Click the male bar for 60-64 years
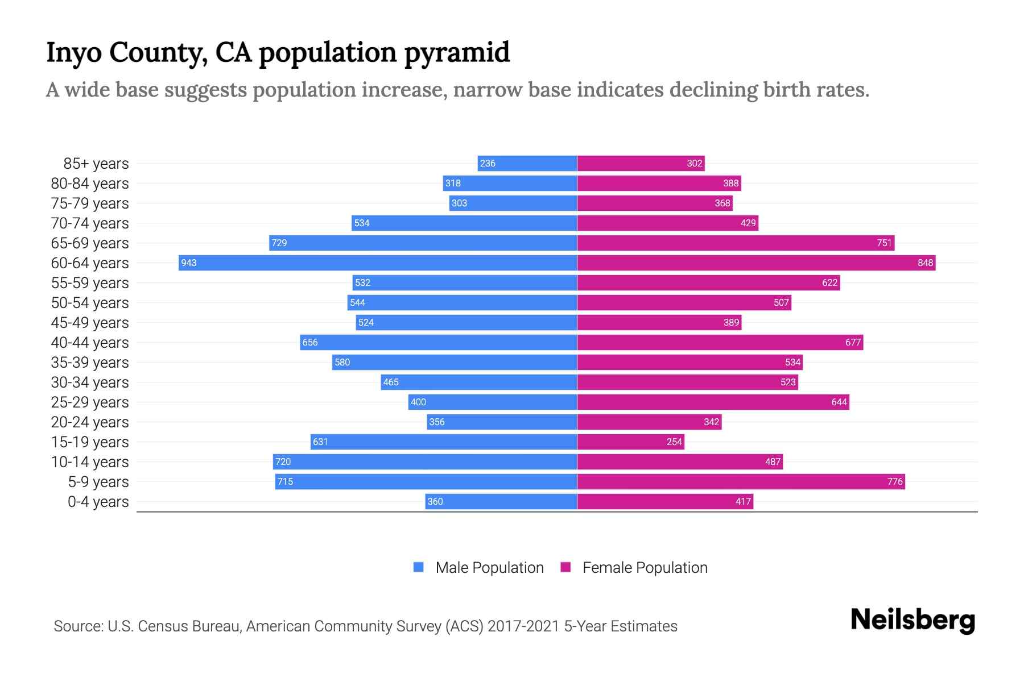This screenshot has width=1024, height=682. pos(378,263)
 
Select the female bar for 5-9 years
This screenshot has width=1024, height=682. pos(741,481)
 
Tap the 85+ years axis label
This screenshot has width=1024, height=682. pos(96,164)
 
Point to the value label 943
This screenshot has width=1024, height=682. pos(189,263)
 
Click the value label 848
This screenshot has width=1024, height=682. pos(925,263)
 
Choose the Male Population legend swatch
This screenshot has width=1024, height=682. pos(419,567)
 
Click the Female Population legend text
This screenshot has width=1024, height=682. pos(645,567)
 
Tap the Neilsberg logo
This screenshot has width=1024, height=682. pos(912,620)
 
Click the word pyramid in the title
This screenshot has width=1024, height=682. pos(457,52)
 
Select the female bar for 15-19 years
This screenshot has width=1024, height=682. pos(630,442)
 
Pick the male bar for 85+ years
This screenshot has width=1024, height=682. pos(527,163)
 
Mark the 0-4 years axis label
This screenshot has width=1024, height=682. pos(98,502)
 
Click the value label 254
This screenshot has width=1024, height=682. pos(674,442)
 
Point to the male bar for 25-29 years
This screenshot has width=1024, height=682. pos(493,402)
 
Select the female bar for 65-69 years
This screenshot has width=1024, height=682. pos(736,243)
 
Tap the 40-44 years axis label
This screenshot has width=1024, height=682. pos(90,343)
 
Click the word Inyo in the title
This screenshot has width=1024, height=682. pos(74,52)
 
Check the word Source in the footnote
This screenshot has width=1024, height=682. pos(77,626)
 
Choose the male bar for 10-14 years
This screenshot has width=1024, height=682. pos(425,461)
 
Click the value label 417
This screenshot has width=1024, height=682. pos(743,502)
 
